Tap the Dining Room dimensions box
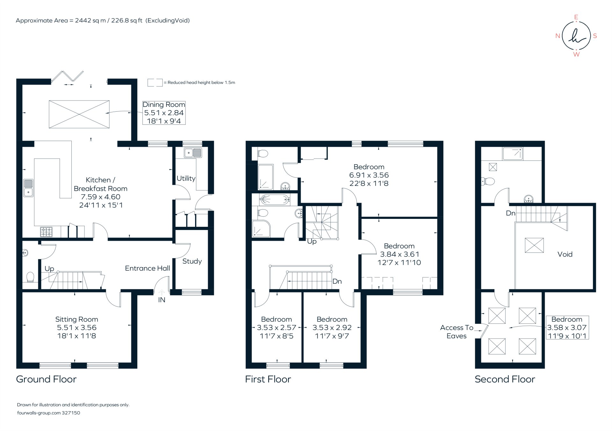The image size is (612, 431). (x=164, y=113)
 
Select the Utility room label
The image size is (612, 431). (x=186, y=178)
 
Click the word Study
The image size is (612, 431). (x=192, y=261)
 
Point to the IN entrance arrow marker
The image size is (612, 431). (x=161, y=292)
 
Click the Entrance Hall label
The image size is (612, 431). (x=147, y=268)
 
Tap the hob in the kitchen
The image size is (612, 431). (x=47, y=232)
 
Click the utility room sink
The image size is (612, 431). (x=193, y=153)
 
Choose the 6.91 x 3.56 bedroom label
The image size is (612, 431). (x=369, y=175)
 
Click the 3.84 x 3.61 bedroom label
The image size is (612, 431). (x=399, y=254)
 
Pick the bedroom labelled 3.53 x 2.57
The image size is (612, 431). (x=276, y=328)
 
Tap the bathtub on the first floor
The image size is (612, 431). (x=274, y=200)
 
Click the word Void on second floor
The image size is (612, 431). (x=565, y=254)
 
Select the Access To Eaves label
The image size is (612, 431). (x=456, y=332)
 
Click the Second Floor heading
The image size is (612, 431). (x=505, y=379)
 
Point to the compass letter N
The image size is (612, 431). (x=557, y=36)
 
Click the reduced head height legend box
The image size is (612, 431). (x=155, y=83)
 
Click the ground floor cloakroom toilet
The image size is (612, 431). (x=30, y=277)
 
